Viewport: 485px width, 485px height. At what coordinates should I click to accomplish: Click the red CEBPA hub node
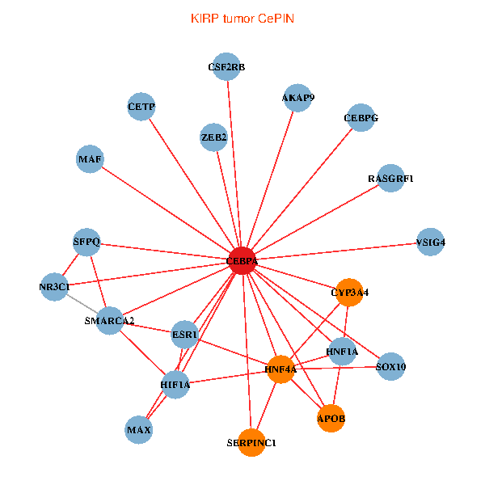(x=242, y=260)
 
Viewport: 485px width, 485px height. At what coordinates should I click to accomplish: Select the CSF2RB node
(x=226, y=67)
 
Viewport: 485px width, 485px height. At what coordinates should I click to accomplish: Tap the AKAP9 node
(x=297, y=97)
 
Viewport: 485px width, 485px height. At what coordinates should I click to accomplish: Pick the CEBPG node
(x=361, y=118)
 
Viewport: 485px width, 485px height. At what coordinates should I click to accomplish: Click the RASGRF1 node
(x=390, y=179)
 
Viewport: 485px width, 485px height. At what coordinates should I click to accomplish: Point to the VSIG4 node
(x=431, y=242)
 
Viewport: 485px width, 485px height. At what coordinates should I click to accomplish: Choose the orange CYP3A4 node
(x=349, y=293)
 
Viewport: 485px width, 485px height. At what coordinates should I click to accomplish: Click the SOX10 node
(x=391, y=367)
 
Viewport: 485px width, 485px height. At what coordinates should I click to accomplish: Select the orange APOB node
(x=331, y=418)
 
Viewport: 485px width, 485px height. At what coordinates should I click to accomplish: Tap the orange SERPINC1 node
(x=251, y=442)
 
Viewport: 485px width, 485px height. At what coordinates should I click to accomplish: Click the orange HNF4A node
(x=280, y=369)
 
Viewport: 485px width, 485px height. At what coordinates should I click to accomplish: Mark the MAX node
(x=139, y=429)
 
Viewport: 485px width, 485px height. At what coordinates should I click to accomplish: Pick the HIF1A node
(x=175, y=384)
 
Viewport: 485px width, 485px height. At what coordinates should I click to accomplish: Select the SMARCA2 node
(x=110, y=321)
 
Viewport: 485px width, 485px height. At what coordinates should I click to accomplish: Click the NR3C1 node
(x=54, y=287)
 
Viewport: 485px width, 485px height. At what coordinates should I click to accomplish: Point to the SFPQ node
(x=86, y=242)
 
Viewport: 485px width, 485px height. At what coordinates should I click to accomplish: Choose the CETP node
(x=141, y=107)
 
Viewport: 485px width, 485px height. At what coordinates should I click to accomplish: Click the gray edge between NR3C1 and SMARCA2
(x=82, y=304)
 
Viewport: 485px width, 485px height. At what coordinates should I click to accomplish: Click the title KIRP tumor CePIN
(x=242, y=17)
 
